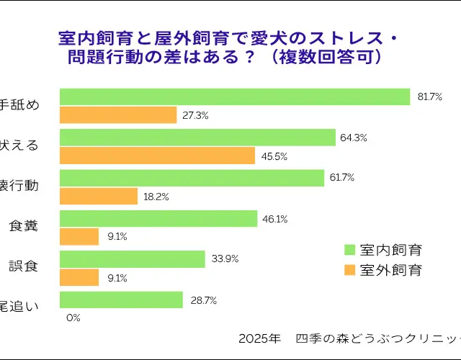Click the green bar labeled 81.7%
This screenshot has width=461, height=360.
[235, 97]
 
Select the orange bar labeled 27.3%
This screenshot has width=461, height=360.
[118, 115]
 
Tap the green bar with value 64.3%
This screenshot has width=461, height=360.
[197, 138]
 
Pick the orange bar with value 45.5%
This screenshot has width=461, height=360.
[157, 156]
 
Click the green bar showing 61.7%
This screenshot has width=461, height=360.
[192, 178]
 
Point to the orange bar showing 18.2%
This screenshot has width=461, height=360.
[98, 196]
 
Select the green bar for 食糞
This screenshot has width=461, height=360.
[158, 219]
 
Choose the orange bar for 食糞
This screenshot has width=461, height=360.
[79, 236]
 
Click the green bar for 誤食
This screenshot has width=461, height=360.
[132, 259]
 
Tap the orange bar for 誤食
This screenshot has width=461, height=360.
[79, 277]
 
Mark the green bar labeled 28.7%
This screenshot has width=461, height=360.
[121, 300]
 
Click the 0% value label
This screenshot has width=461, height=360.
[73, 318]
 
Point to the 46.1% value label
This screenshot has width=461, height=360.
[274, 218]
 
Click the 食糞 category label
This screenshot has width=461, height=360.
[24, 226]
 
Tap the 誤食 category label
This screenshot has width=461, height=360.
[24, 266]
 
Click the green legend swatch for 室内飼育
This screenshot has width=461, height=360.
[350, 251]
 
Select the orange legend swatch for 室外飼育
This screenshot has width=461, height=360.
[350, 270]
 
